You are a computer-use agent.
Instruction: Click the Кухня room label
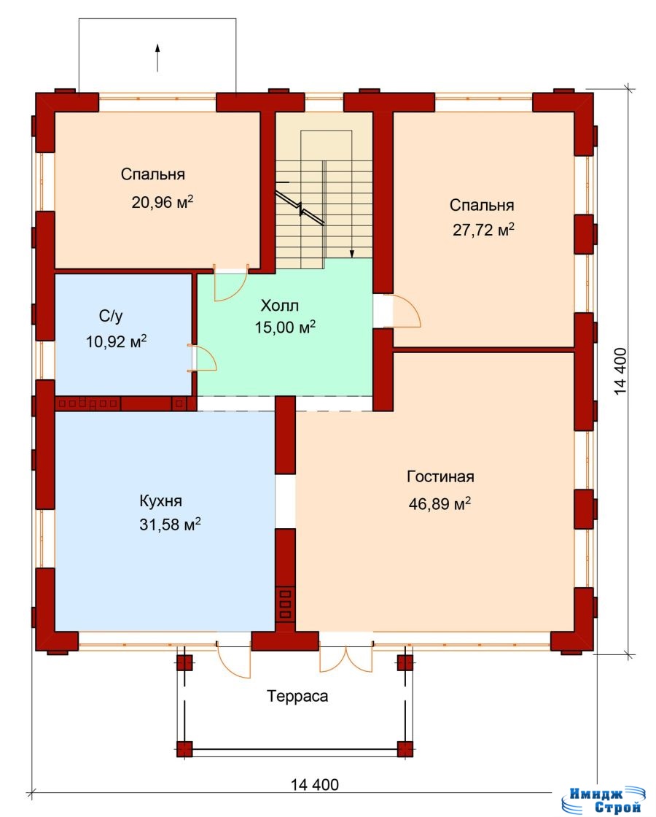click(161, 501)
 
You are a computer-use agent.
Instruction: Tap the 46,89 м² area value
click(440, 503)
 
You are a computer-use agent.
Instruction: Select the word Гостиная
click(440, 476)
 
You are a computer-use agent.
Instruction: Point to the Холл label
click(280, 305)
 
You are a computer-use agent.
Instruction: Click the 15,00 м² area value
click(285, 327)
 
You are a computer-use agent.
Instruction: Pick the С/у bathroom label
click(111, 316)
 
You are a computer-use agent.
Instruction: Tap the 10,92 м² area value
click(116, 341)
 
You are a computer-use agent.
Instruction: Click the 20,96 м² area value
click(163, 201)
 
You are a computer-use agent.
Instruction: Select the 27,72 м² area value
click(484, 229)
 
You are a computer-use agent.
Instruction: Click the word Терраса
click(298, 696)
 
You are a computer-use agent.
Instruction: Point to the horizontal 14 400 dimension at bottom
click(314, 784)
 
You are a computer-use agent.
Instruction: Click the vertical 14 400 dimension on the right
click(620, 371)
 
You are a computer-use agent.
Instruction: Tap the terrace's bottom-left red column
click(185, 748)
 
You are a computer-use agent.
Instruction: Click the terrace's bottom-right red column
click(405, 748)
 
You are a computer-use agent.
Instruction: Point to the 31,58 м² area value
click(170, 524)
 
